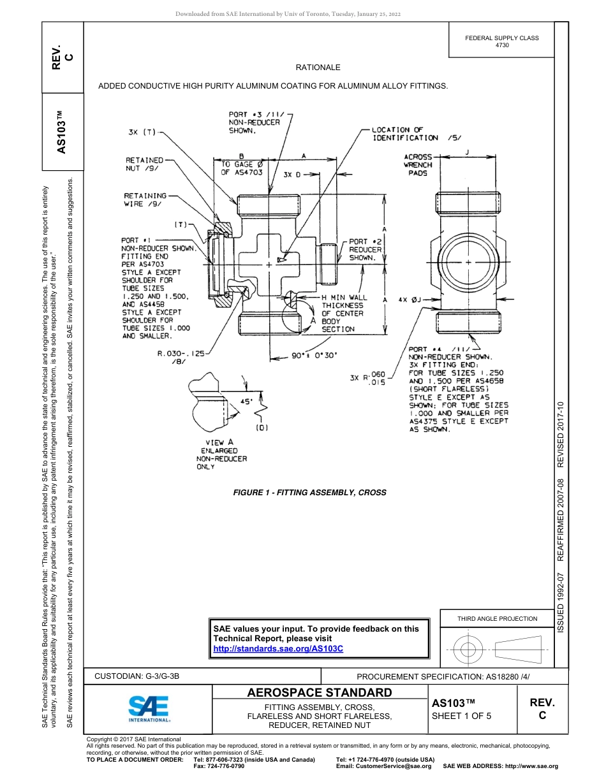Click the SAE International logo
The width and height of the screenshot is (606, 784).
point(148,708)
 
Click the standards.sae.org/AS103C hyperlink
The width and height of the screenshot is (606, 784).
point(278,648)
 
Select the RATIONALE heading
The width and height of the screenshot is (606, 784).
point(318,68)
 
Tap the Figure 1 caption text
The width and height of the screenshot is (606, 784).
point(309,492)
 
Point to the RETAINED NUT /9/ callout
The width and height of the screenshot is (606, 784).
point(144,164)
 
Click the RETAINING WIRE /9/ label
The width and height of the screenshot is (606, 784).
point(145,200)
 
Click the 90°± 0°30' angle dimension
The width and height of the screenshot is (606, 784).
point(314,356)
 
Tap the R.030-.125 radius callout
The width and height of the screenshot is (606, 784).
point(181,357)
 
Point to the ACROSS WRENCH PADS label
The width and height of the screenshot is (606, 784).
point(418,164)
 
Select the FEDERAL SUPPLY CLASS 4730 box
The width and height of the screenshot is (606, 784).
point(501,41)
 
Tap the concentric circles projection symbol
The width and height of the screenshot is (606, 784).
point(469,650)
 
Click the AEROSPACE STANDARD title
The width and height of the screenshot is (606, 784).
point(319,693)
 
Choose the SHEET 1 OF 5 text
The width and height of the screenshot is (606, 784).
point(462,716)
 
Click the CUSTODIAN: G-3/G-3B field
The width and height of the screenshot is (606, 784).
point(142,676)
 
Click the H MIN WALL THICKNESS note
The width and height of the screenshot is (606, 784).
point(344,314)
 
